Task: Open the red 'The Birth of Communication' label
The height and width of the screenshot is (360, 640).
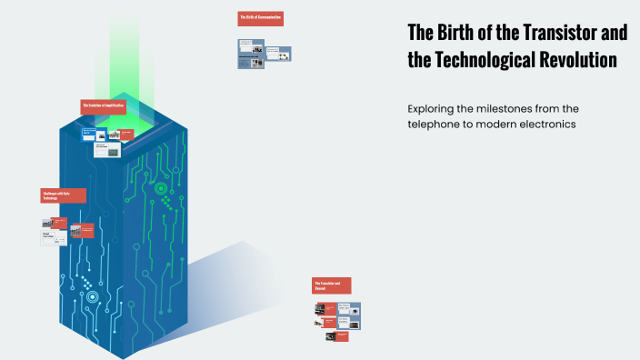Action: (x=260, y=17)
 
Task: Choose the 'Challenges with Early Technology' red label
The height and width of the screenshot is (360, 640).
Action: (x=64, y=195)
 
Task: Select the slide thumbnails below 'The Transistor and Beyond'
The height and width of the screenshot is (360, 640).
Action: (x=337, y=321)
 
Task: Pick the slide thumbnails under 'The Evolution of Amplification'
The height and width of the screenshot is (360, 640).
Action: (x=103, y=140)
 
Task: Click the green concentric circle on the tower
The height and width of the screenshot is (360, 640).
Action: (x=161, y=190)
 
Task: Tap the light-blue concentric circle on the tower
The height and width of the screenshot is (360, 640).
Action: (x=92, y=295)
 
